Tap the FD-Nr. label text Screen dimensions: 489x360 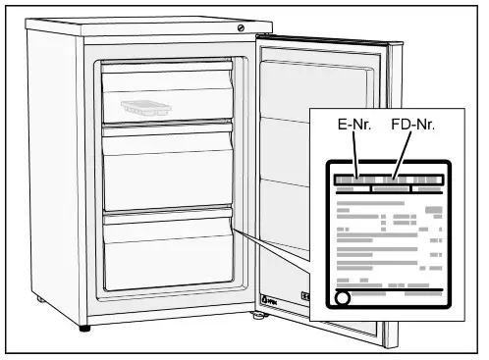pyautogui.click(x=411, y=127)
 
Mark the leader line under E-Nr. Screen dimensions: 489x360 pyautogui.click(x=356, y=156)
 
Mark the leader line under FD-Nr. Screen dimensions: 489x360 pyautogui.click(x=402, y=156)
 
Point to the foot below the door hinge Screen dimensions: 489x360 pyautogui.click(x=259, y=317)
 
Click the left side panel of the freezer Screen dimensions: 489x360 pyautogui.click(x=54, y=167)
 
